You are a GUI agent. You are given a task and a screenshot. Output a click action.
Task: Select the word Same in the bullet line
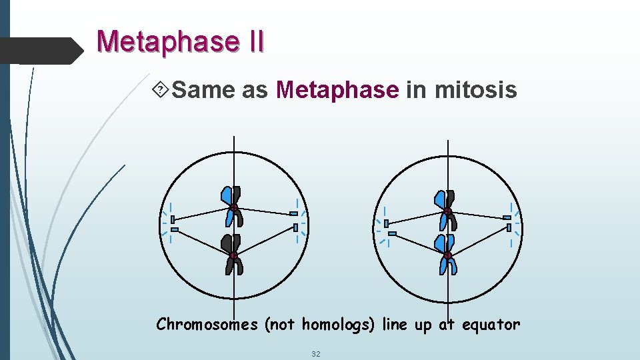tap(203, 89)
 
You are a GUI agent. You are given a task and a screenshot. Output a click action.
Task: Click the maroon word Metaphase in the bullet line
tap(337, 89)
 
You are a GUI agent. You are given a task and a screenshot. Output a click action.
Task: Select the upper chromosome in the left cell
tap(232, 205)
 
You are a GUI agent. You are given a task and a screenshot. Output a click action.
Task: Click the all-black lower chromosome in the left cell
tap(233, 255)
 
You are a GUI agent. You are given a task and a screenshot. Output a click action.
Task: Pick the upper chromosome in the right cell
tap(446, 207)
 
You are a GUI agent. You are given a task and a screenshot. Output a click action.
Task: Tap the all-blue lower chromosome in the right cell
tap(446, 254)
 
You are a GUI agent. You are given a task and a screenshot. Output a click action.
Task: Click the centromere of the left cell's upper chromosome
tap(235, 209)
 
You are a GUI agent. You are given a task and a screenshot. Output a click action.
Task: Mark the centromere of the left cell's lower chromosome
tap(234, 255)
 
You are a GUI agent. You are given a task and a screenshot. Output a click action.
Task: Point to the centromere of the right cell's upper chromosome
tap(448, 212)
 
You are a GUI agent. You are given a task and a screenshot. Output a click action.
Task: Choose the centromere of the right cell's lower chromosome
tap(448, 255)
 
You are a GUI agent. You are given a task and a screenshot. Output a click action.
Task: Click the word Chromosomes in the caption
tap(207, 325)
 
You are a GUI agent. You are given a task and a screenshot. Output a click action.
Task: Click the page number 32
tap(316, 353)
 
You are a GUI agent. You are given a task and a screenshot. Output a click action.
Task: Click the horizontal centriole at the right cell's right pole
tap(507, 217)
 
